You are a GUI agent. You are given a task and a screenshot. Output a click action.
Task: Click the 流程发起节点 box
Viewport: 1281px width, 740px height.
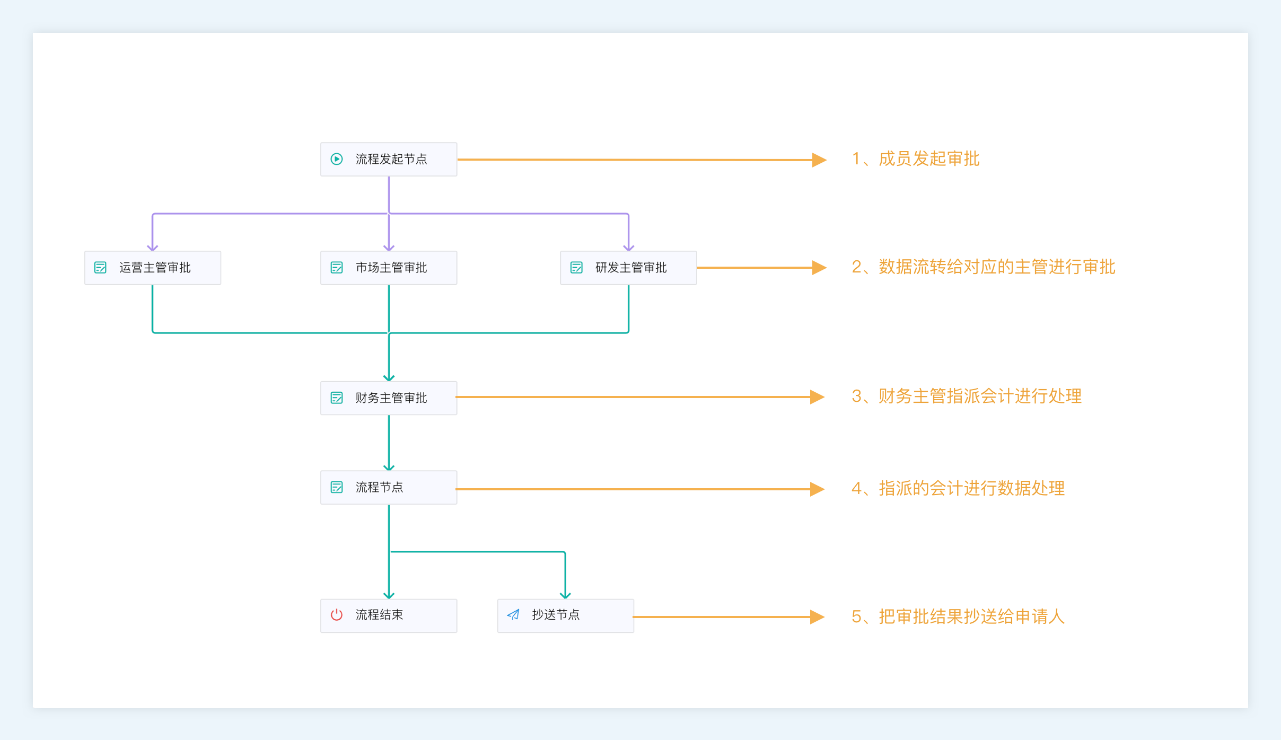tap(389, 159)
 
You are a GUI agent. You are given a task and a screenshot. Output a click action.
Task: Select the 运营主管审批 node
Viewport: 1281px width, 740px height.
tap(153, 268)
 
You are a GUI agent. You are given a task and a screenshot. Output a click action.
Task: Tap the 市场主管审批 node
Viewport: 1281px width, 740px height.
tap(389, 268)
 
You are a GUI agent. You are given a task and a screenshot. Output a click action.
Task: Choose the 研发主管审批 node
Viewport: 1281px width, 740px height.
tap(628, 268)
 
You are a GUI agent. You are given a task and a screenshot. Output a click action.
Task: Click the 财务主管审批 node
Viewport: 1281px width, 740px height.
tap(389, 398)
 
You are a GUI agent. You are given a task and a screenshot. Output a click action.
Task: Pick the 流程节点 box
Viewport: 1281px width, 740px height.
tap(389, 487)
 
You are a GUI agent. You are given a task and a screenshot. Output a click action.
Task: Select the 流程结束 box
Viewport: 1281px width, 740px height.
tap(389, 615)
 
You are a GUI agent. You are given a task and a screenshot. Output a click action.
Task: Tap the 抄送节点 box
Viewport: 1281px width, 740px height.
tap(566, 615)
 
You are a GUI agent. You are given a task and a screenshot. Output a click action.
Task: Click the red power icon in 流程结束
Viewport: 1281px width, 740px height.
tap(337, 615)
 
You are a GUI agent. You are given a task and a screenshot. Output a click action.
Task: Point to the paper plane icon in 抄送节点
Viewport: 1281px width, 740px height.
tap(513, 615)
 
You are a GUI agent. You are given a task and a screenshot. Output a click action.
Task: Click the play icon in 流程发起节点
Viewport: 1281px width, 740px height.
tap(337, 159)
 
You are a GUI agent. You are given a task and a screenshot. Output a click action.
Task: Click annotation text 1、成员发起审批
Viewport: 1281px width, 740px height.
tap(916, 159)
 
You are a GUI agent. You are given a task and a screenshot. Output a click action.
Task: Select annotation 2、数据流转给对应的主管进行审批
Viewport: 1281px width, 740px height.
tap(984, 267)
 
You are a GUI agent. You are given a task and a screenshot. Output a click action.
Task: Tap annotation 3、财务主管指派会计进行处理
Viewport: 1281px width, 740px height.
tap(967, 397)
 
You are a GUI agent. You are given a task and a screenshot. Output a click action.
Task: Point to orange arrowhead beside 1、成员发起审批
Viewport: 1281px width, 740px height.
tap(820, 160)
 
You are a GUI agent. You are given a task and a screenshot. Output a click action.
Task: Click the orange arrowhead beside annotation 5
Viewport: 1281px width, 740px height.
tap(818, 617)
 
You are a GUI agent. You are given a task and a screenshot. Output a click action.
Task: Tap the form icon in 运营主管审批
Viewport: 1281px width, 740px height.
tap(100, 268)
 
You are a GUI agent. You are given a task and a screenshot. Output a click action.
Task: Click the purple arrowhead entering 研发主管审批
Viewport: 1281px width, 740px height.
tap(628, 248)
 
